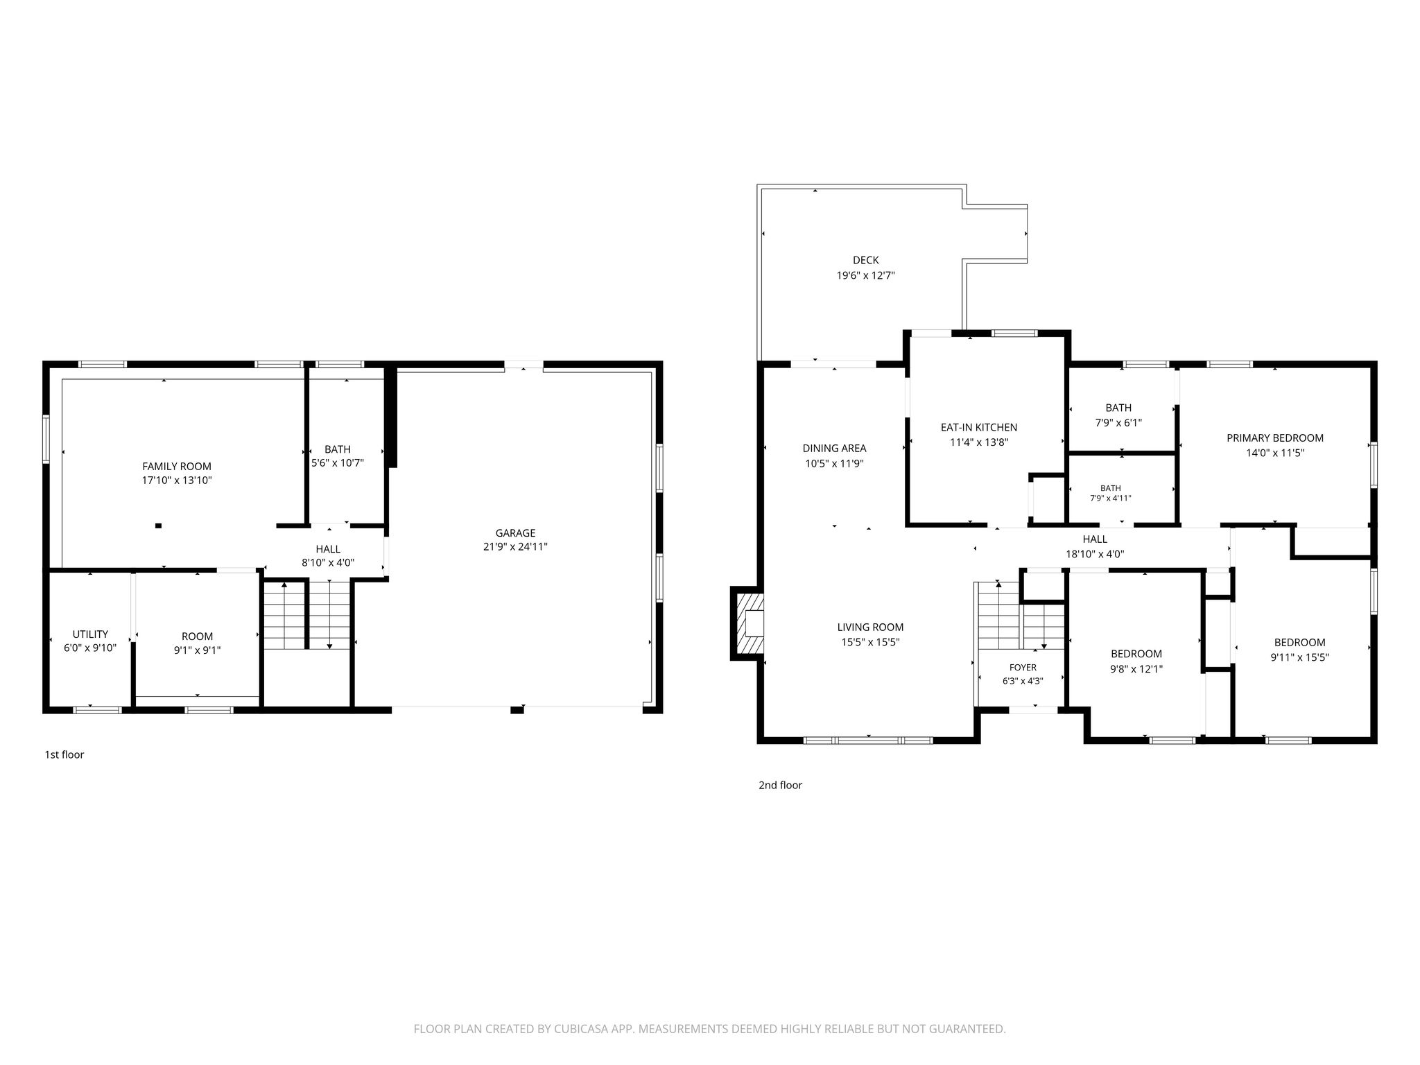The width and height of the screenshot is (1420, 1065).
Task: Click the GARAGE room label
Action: [515, 533]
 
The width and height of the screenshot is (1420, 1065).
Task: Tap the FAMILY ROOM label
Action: [177, 467]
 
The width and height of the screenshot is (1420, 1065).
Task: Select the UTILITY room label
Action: [90, 634]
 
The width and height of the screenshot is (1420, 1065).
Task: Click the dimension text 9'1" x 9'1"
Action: [198, 650]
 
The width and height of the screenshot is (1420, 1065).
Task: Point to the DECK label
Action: [865, 261]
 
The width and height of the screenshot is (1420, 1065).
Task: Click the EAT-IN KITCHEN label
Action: [978, 428]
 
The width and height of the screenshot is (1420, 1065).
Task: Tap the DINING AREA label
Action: [834, 449]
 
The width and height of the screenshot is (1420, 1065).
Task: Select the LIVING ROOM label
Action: [870, 627]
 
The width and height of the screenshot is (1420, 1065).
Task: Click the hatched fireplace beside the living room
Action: [747, 623]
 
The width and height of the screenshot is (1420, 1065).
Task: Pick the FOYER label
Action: [1023, 668]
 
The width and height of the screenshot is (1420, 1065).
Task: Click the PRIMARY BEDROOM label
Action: [1275, 438]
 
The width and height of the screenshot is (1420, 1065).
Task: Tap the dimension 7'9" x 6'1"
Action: [1118, 422]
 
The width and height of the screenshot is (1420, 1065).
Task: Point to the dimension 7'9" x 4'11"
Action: [1110, 498]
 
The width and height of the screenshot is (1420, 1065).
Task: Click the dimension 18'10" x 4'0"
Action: [1095, 554]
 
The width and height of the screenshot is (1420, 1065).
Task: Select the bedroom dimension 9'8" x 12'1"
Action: [1136, 669]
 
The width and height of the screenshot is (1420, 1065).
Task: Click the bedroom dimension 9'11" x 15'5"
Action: [1299, 657]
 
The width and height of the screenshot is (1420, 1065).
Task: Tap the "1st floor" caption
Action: [64, 754]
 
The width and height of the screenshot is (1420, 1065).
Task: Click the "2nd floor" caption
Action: [780, 785]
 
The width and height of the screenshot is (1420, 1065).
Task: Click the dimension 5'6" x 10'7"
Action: [338, 463]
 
